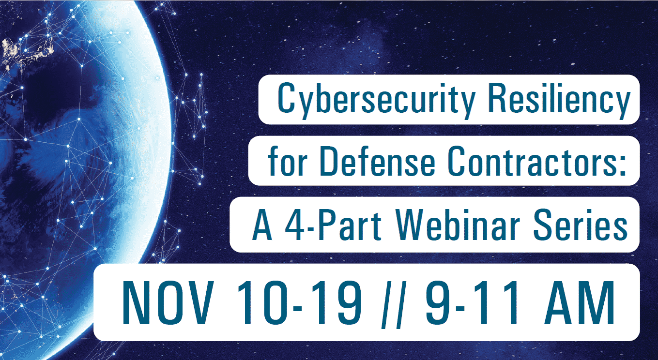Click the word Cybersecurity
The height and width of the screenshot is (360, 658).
pos(376,99)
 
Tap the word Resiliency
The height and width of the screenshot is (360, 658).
pos(559,99)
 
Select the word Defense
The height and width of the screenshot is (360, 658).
pos(378,161)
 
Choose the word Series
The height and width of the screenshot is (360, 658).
pos(580,225)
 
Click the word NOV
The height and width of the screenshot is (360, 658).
pos(168,302)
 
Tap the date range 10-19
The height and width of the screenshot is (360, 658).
pos(299,302)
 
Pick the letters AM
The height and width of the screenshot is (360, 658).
pos(579,302)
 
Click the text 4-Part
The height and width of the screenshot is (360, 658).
pos(333,225)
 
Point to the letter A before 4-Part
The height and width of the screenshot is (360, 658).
pos(262,225)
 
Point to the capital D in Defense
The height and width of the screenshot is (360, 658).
pos(329,161)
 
